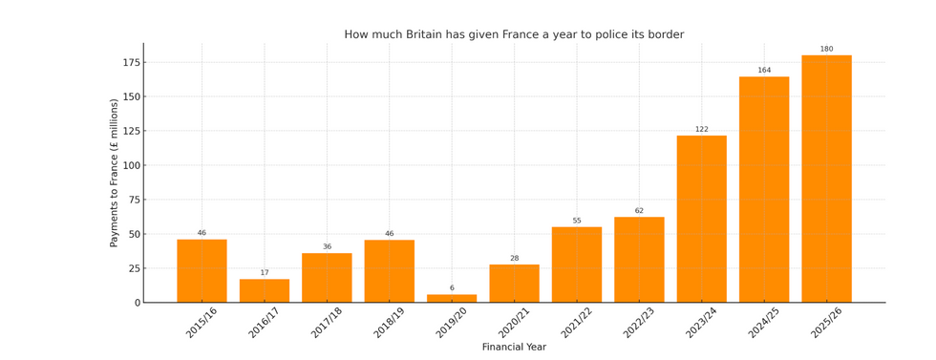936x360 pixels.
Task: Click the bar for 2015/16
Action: coord(202,270)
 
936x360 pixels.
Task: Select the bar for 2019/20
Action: coord(452,298)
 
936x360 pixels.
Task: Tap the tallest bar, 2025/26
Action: coord(826,179)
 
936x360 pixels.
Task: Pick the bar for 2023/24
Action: coord(701,219)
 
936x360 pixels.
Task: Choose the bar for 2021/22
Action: coord(577,265)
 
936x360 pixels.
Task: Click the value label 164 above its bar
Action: coord(764,70)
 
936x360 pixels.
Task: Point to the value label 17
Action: coord(265,273)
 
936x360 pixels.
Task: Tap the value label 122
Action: coord(701,129)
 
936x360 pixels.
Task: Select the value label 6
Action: coord(452,287)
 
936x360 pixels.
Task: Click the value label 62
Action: coord(639,211)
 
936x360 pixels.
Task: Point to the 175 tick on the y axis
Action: coord(131,63)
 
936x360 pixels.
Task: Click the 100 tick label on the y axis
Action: coord(131,97)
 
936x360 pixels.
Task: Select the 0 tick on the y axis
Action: coord(138,303)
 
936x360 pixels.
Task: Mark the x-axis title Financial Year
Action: coord(514,348)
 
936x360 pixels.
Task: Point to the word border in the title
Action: coord(665,35)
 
